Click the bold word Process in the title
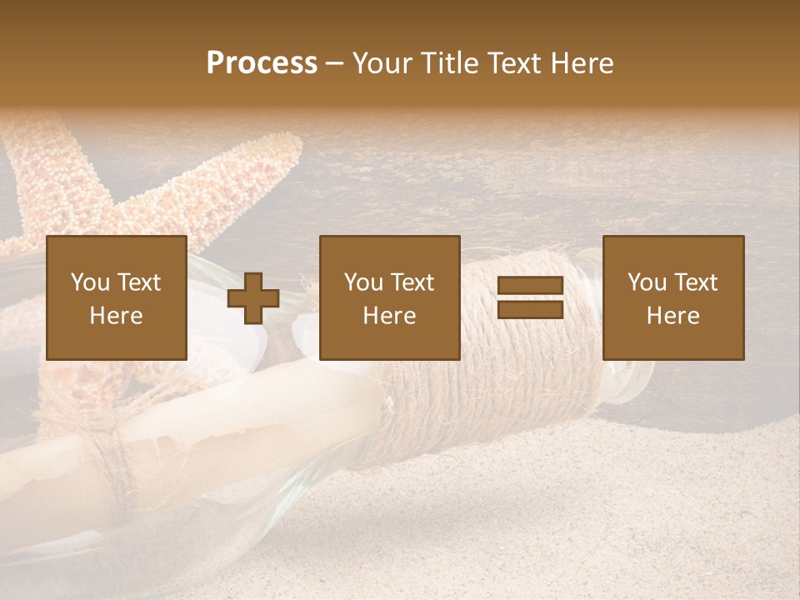pos(262,63)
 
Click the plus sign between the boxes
pos(253,298)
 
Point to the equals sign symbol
pos(530,298)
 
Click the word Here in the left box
pos(117,316)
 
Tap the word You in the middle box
pos(363,282)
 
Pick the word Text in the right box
pos(696,282)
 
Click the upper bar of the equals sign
pos(530,287)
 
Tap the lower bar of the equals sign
pos(530,310)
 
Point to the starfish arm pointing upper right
pos(250,175)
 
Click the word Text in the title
pos(512,63)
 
